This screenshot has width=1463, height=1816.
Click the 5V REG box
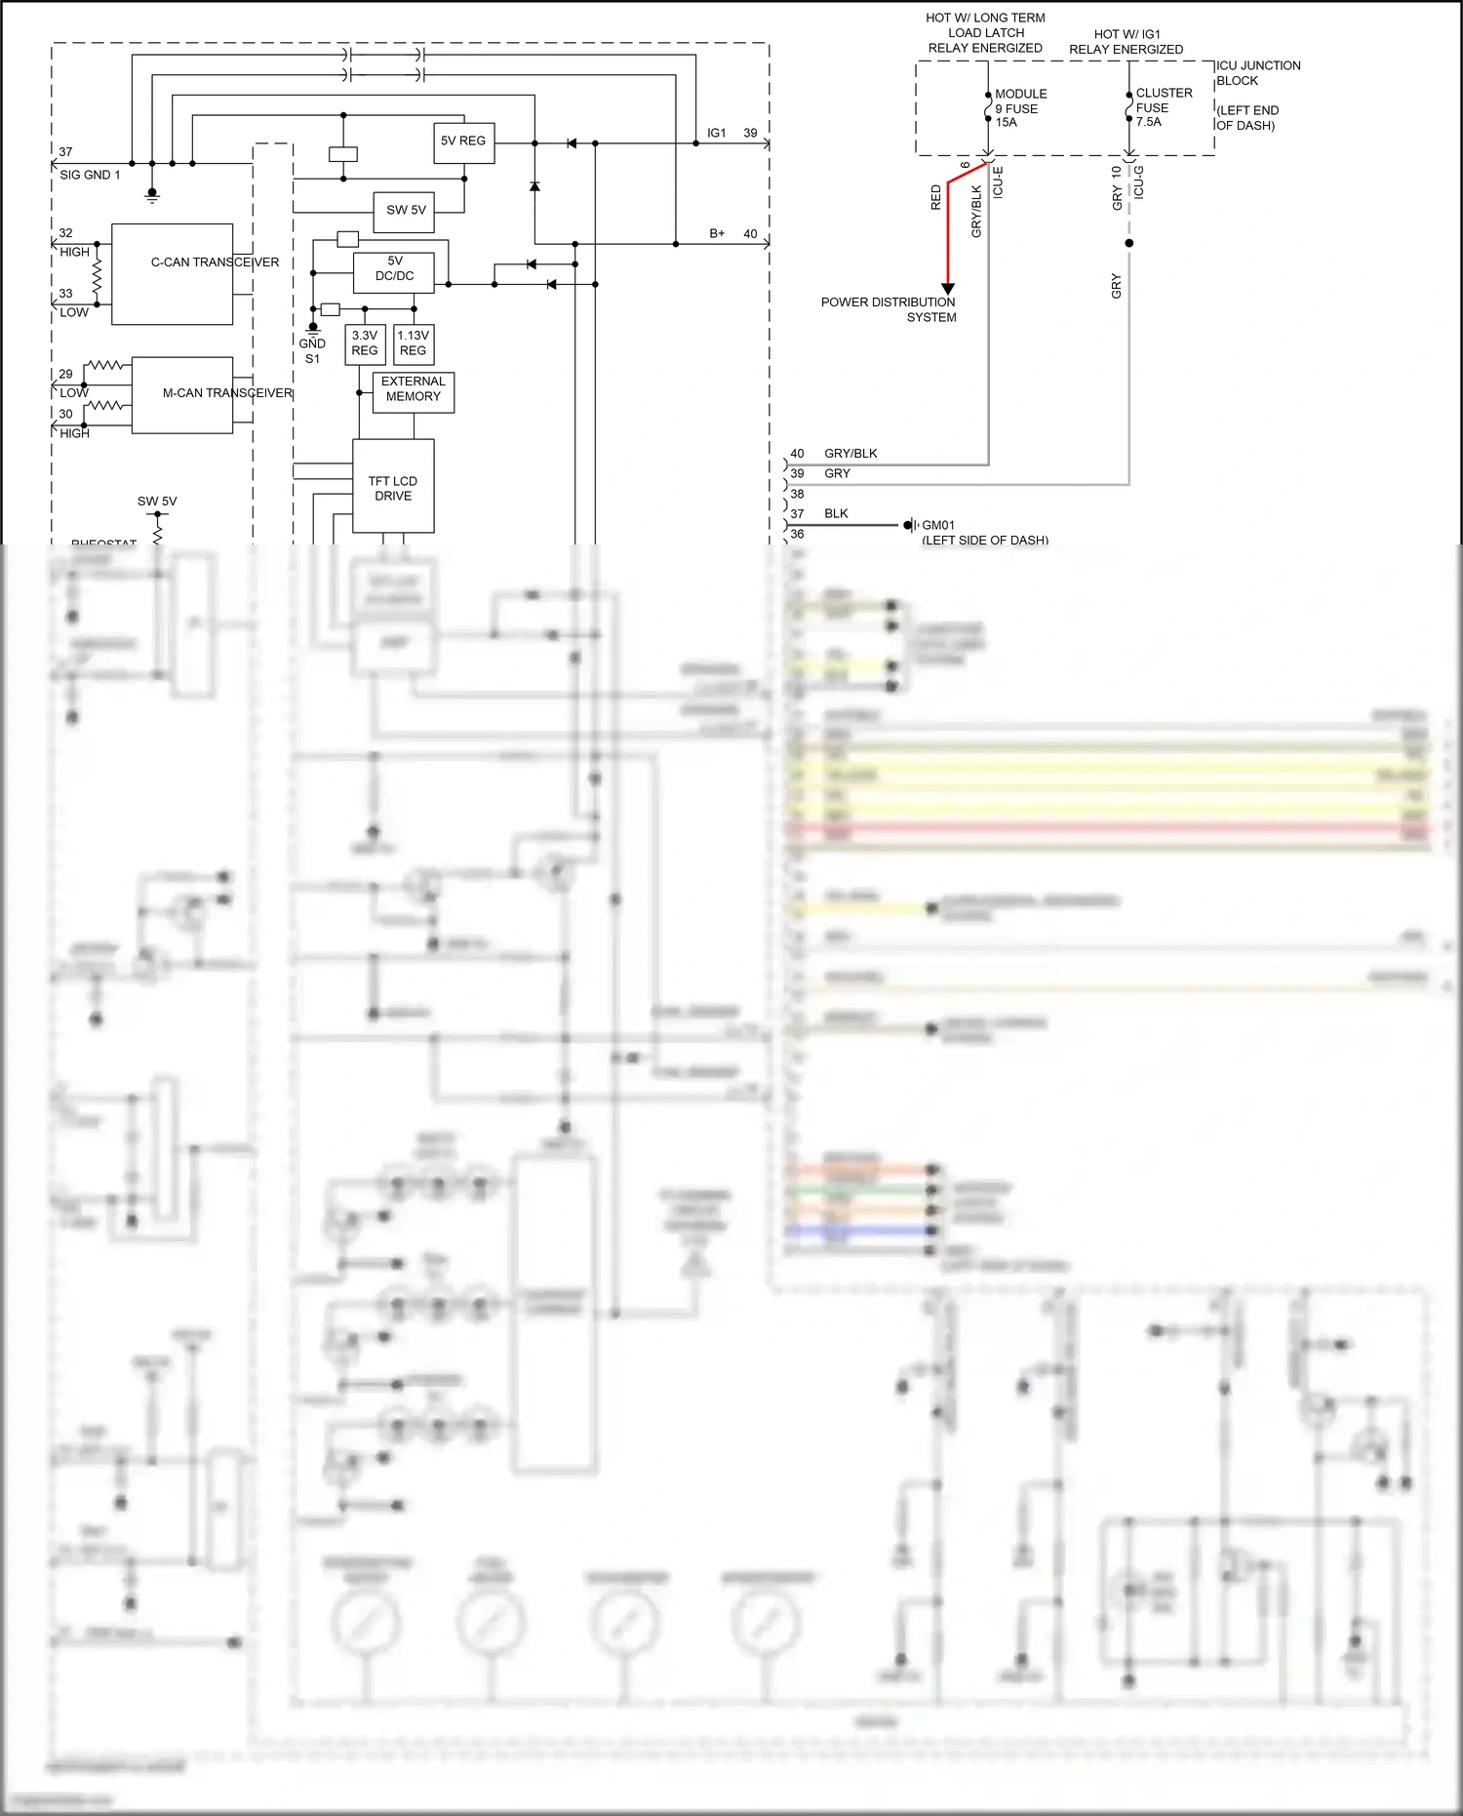coord(463,142)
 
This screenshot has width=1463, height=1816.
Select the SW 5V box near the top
coord(405,211)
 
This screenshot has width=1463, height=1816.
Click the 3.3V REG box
coord(365,344)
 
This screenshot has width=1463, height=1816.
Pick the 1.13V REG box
coord(414,344)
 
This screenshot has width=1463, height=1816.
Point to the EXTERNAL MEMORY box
coord(414,390)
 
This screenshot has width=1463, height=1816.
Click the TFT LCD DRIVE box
coord(393,487)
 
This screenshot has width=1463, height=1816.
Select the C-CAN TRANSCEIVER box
coord(173,274)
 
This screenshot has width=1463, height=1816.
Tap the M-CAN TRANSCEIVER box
coord(182,394)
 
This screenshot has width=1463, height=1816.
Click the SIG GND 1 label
coord(90,175)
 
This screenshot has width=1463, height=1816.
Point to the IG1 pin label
coord(717,133)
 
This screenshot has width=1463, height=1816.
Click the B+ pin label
coord(717,234)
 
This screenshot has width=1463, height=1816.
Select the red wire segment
coord(947,234)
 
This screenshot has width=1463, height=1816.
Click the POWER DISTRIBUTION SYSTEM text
coord(889,309)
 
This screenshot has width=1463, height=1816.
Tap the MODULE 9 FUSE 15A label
coord(1020,108)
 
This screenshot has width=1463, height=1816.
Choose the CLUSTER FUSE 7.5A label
coord(1164,107)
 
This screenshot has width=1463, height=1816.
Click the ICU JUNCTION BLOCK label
coord(1256,73)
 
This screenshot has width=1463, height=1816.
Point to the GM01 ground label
coord(938,525)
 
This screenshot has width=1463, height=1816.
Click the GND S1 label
coord(312,351)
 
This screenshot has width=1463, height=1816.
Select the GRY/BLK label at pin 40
coord(850,454)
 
